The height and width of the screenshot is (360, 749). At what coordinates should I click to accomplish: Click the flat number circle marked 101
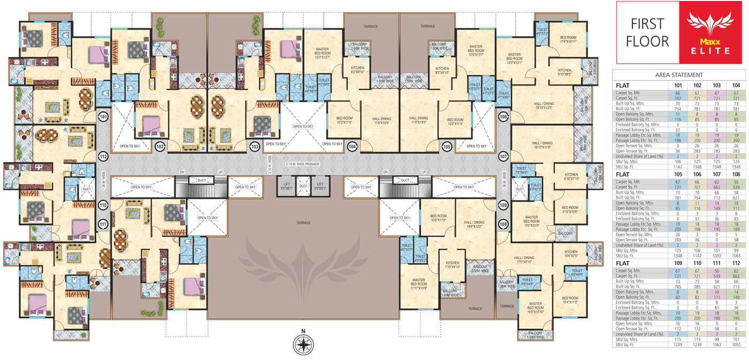tap(103, 117)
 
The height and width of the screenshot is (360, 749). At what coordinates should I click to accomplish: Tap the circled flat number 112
tap(103, 156)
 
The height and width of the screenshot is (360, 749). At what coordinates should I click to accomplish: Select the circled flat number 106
tap(502, 117)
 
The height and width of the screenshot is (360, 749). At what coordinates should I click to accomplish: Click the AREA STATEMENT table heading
tap(679, 75)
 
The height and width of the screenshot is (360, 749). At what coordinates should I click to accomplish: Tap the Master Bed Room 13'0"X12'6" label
tap(531, 221)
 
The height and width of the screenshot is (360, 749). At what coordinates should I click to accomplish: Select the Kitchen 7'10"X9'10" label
tap(453, 265)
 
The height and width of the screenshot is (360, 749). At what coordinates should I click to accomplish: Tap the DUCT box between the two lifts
tap(303, 186)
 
